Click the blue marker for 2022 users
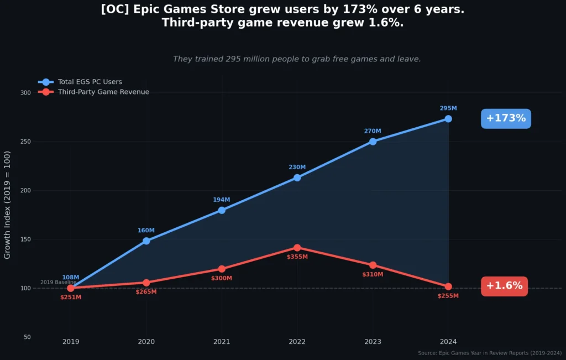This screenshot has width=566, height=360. (297, 178)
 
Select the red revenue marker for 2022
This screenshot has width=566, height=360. (297, 248)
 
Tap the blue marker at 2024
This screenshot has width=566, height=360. (448, 119)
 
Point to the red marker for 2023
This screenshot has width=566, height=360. (373, 265)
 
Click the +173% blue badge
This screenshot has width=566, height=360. (506, 118)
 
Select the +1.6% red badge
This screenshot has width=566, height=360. (504, 286)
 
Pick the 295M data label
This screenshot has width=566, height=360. (448, 108)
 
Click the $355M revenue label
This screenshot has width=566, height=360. (297, 257)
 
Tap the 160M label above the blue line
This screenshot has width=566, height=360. (146, 230)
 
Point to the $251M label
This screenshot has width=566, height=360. (71, 297)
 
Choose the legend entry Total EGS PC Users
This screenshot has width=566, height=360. (90, 82)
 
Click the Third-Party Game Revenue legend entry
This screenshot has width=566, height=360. (103, 92)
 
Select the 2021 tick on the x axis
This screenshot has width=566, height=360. (222, 342)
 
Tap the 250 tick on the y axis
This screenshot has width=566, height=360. (25, 142)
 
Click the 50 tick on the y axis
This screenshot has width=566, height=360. (27, 337)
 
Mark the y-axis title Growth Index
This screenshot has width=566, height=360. (8, 205)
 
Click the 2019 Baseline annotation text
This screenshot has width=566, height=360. (58, 282)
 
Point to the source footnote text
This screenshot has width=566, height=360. (490, 353)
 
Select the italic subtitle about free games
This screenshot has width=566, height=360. (297, 59)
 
